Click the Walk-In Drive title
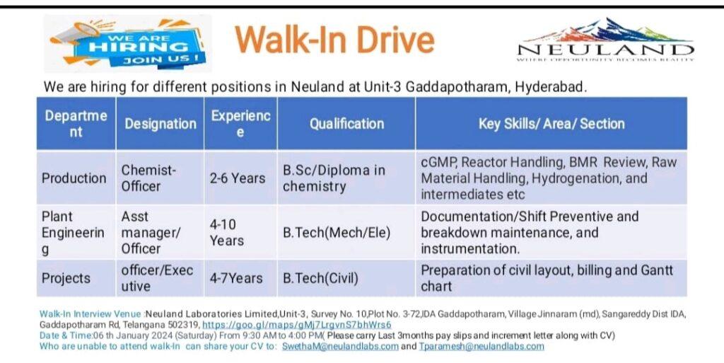[334, 40]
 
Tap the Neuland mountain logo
[605, 40]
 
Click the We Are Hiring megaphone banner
[127, 43]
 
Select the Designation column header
[160, 124]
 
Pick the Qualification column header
[346, 124]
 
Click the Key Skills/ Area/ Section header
[551, 124]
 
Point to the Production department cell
[76, 178]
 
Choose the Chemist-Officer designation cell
[160, 178]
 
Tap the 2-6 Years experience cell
[240, 178]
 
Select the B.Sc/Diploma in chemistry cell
[346, 178]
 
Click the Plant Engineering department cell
[76, 232]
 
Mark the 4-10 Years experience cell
[240, 232]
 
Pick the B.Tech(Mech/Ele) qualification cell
[346, 232]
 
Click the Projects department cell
[76, 278]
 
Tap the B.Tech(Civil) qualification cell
[346, 278]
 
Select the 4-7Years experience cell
[240, 278]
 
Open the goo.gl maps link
[296, 325]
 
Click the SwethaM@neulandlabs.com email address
[340, 347]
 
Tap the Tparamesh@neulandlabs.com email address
[481, 347]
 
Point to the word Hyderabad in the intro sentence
[551, 87]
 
